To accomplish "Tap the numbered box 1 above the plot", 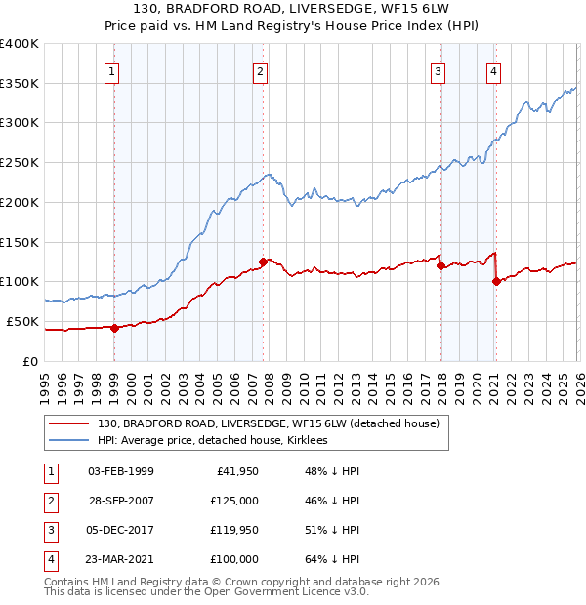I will point(113,70).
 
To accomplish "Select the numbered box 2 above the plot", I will point(261,70).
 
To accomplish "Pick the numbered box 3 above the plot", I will point(439,70).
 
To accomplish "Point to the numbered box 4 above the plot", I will point(494,70).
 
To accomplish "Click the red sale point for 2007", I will point(264,262).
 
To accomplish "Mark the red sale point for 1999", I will point(114,328).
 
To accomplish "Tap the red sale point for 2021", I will point(496,281).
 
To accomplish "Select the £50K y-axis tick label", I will point(23,321).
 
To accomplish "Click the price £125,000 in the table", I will point(234,501).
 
